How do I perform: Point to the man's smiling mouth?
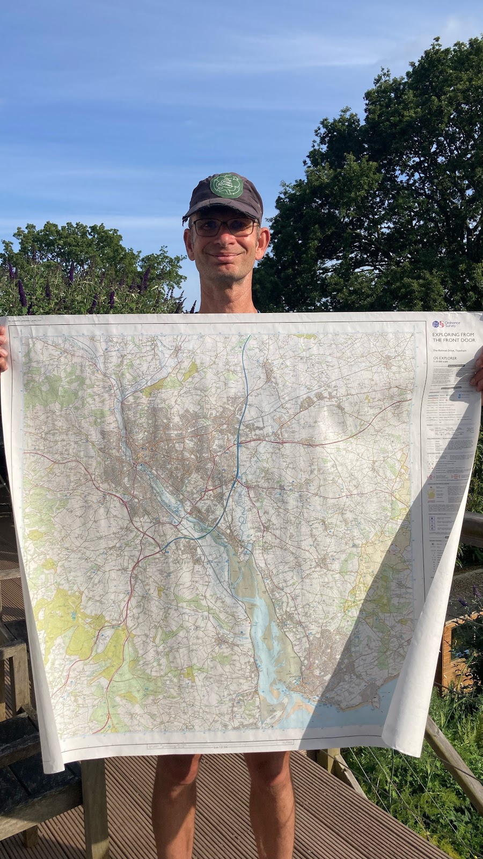[x=224, y=256]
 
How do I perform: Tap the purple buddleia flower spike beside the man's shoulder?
[x=22, y=293]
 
